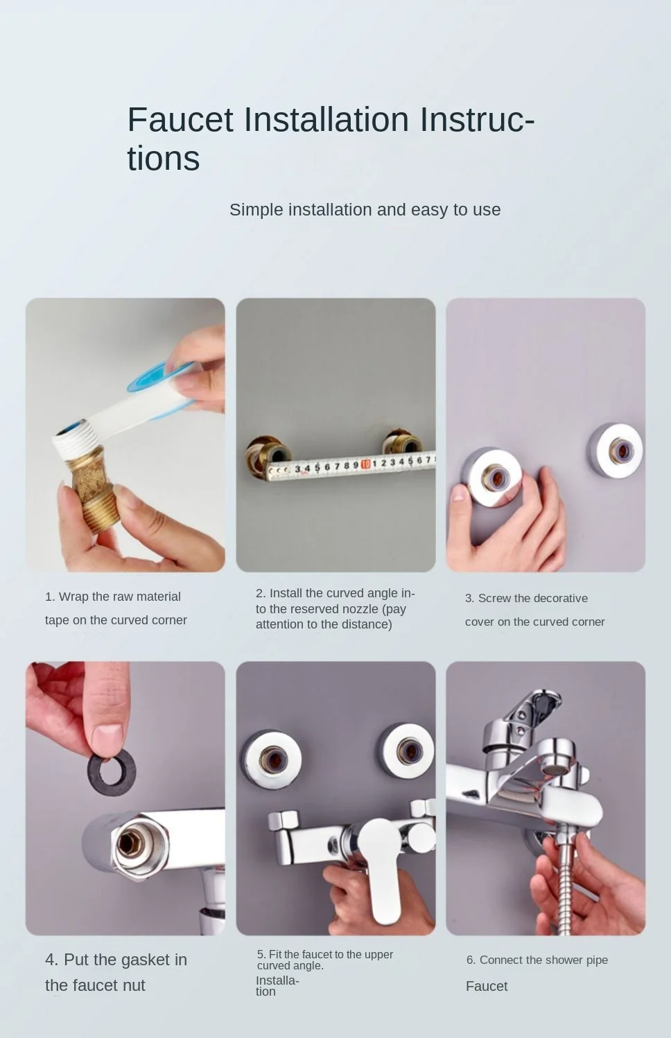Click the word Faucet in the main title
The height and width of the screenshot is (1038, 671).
[x=180, y=119]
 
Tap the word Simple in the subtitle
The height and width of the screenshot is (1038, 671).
[x=256, y=210]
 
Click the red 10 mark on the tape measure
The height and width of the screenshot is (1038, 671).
[x=365, y=464]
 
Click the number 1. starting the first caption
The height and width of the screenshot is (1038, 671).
[x=50, y=597]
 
